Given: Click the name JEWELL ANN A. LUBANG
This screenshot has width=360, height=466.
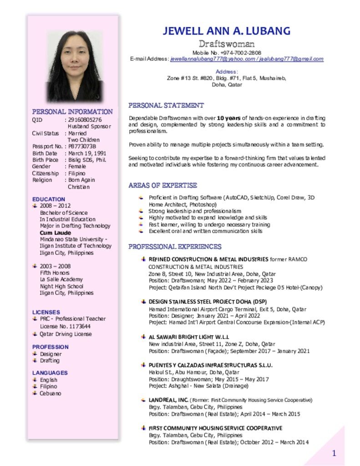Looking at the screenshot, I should click(x=226, y=31).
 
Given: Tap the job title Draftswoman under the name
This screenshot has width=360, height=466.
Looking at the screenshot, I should click(x=226, y=44).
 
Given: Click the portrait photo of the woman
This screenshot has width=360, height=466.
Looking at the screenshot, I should click(x=74, y=66).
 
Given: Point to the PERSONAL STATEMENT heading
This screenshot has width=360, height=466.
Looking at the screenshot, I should click(x=166, y=106).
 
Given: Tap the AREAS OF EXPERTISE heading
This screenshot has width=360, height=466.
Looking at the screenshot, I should click(x=162, y=186).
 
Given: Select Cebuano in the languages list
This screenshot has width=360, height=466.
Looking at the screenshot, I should click(x=50, y=393).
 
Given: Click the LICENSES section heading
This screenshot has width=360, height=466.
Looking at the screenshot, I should click(x=46, y=312).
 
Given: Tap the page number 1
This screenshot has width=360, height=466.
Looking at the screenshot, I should click(x=334, y=453).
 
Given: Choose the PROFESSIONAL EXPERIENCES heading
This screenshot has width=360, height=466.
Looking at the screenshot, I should click(x=175, y=247).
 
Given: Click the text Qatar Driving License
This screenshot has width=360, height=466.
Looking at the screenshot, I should click(x=66, y=334).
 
